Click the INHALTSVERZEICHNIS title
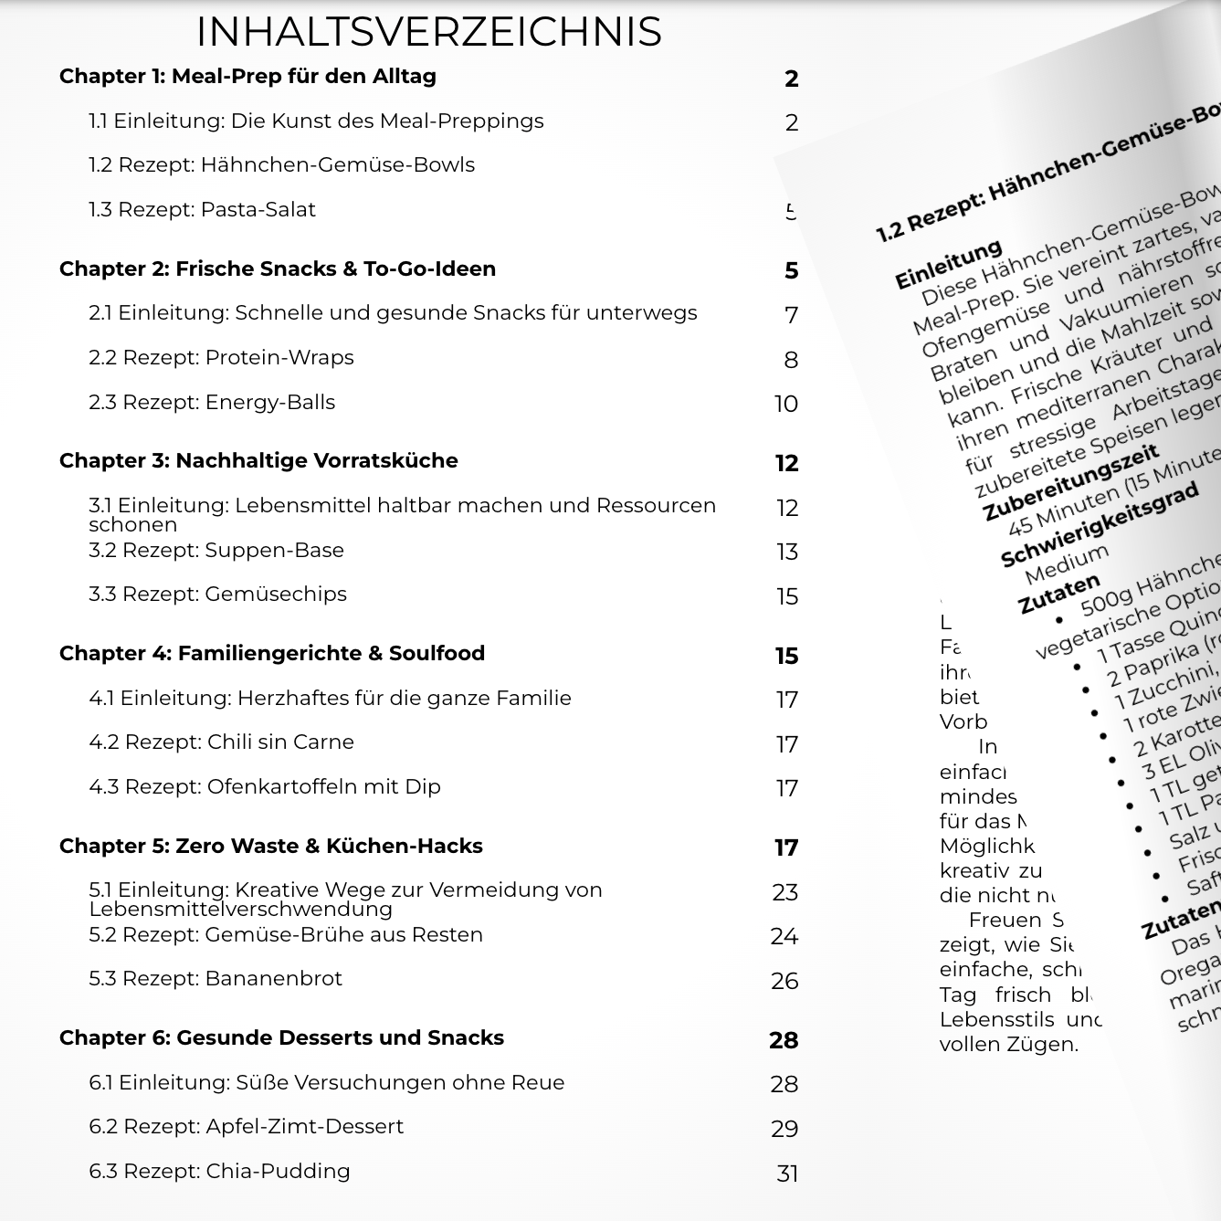(x=428, y=32)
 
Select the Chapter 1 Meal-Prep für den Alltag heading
(x=247, y=77)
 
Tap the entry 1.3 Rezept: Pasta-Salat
(x=202, y=210)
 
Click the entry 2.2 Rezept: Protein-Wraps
(x=221, y=358)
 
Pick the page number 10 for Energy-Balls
(x=785, y=404)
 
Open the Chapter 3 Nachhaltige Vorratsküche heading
(x=258, y=461)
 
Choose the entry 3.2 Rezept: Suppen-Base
(x=216, y=551)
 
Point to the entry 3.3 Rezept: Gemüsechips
(x=217, y=595)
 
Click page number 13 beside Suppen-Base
(x=786, y=552)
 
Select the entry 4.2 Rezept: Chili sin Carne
(x=221, y=742)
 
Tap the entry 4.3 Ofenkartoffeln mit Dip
(x=264, y=787)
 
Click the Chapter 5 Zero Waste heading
(x=270, y=847)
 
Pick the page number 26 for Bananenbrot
(x=784, y=981)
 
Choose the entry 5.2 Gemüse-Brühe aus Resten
(x=286, y=935)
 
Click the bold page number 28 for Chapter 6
(x=784, y=1040)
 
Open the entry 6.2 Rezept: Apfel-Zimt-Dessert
(x=246, y=1127)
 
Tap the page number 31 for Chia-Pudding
(x=787, y=1174)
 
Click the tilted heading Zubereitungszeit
(x=1069, y=482)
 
